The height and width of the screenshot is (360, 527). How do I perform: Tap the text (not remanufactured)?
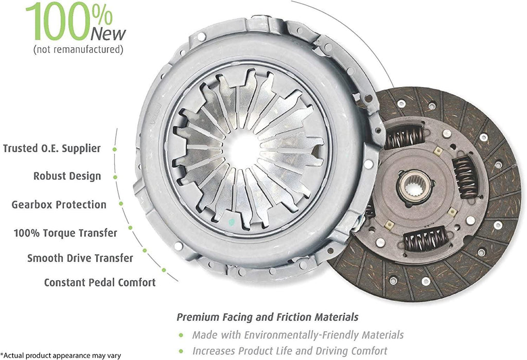pyautogui.click(x=78, y=50)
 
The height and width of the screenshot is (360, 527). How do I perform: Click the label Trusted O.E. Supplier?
pyautogui.click(x=51, y=149)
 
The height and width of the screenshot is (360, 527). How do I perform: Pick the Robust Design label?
pyautogui.click(x=67, y=176)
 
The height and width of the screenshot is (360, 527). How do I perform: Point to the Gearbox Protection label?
pyautogui.click(x=59, y=205)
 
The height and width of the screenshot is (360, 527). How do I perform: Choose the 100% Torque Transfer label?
pyautogui.click(x=65, y=233)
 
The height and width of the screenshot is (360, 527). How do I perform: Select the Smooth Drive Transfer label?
pyautogui.click(x=80, y=258)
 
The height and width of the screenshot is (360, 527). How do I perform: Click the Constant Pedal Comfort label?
pyautogui.click(x=99, y=282)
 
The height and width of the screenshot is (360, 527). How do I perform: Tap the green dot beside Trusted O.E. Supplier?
pyautogui.click(x=114, y=149)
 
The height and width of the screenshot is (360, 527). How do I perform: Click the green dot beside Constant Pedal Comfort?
pyautogui.click(x=164, y=269)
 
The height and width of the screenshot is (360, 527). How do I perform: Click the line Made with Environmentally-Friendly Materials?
pyautogui.click(x=297, y=335)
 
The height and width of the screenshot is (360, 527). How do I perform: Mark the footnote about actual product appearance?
pyautogui.click(x=61, y=355)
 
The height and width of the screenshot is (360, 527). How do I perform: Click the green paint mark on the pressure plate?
pyautogui.click(x=232, y=222)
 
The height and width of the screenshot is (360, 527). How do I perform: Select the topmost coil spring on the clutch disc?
pyautogui.click(x=405, y=137)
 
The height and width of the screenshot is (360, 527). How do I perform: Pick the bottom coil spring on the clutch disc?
pyautogui.click(x=425, y=240)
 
